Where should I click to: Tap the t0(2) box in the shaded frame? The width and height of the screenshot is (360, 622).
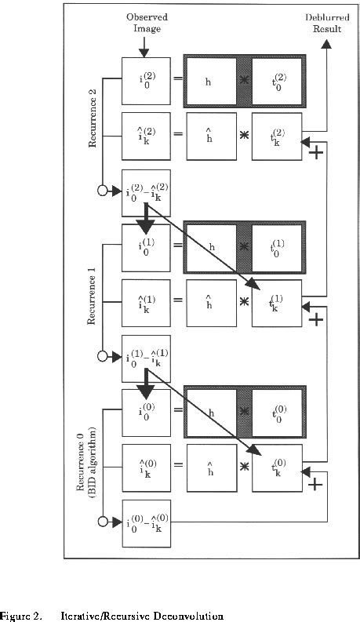point(275,81)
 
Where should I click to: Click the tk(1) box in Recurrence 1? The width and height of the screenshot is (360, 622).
point(275,302)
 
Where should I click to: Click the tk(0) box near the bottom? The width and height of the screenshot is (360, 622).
point(275,468)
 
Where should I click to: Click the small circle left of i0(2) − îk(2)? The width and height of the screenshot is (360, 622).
point(103,191)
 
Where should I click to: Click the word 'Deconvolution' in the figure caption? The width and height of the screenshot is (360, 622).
point(187,616)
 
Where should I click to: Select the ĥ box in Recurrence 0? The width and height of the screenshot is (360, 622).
point(210,468)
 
